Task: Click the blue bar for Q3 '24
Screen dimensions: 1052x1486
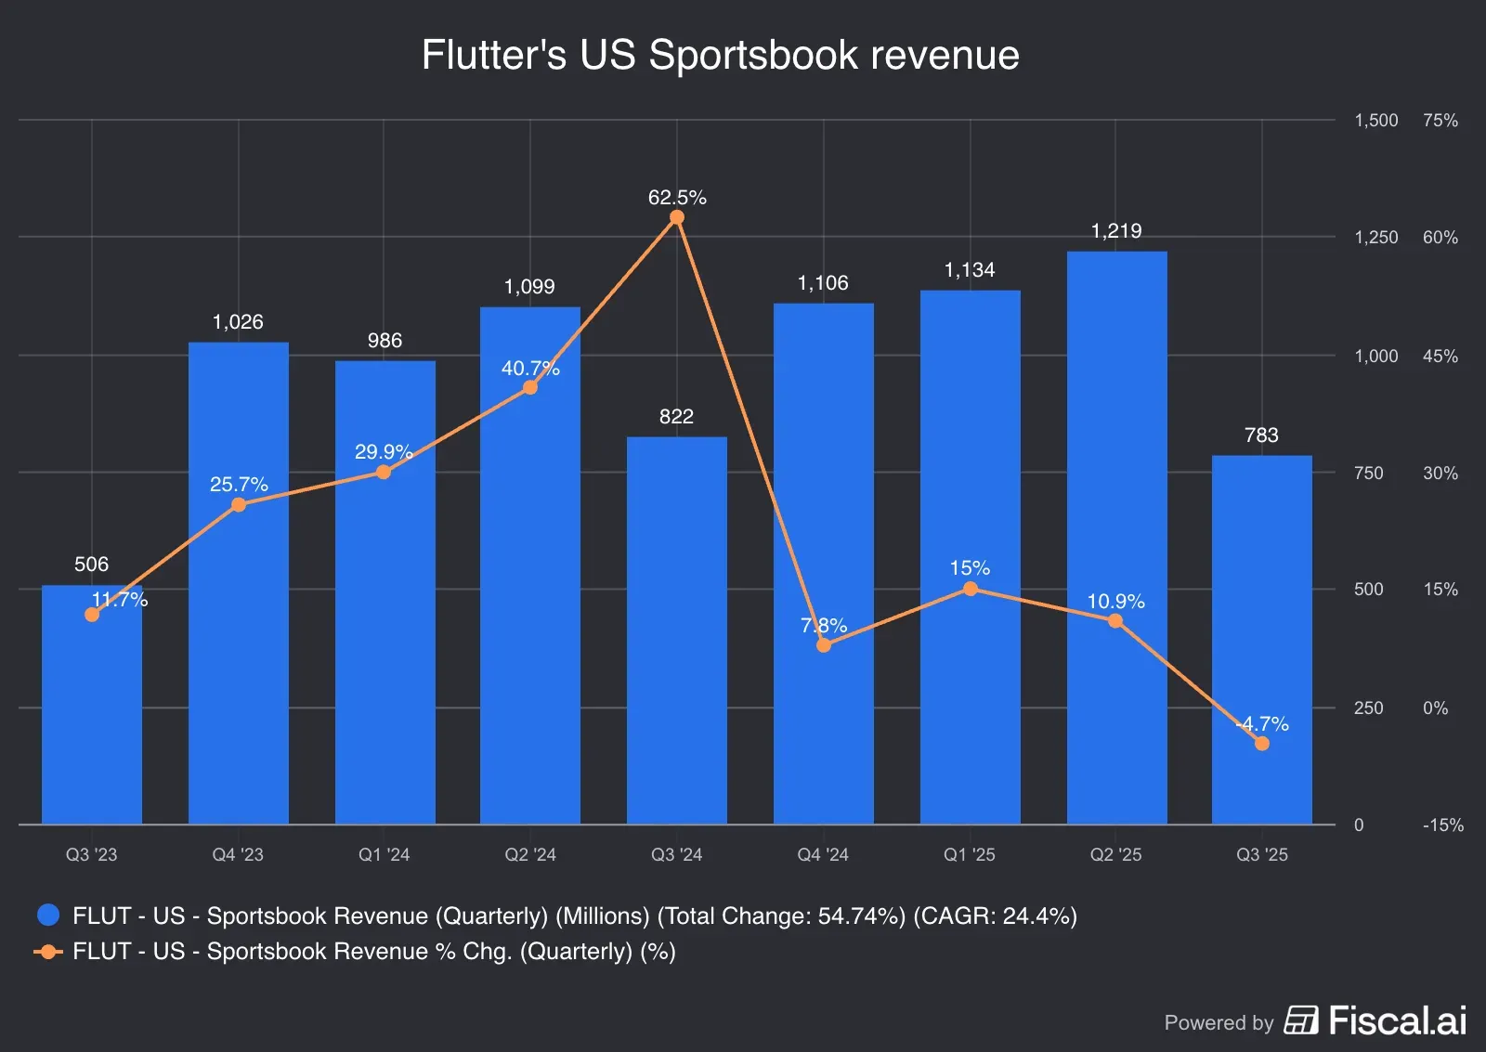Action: coord(676,631)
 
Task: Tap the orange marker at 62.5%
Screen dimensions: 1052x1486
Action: coord(677,217)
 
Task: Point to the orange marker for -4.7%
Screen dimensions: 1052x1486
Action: coord(1261,744)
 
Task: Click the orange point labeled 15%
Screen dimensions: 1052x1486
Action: coord(970,589)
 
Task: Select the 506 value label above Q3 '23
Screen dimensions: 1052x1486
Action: coord(91,565)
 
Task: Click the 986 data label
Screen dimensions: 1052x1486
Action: coord(385,341)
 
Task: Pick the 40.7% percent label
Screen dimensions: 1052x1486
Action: coord(530,369)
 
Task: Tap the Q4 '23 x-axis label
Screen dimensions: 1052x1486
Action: coord(238,854)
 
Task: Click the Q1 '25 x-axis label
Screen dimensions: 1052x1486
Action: coord(969,854)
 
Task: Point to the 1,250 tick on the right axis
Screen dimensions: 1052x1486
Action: coord(1375,238)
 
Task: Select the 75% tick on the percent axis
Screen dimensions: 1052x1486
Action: coord(1440,121)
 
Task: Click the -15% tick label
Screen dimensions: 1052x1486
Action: coord(1442,825)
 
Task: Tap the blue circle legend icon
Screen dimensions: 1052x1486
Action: coord(48,916)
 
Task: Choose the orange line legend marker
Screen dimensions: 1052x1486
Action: coord(48,952)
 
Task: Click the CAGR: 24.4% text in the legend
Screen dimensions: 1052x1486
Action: coord(995,916)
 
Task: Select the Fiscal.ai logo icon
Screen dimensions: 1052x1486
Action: coord(1300,1020)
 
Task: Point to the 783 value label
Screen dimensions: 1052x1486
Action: coord(1261,435)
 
